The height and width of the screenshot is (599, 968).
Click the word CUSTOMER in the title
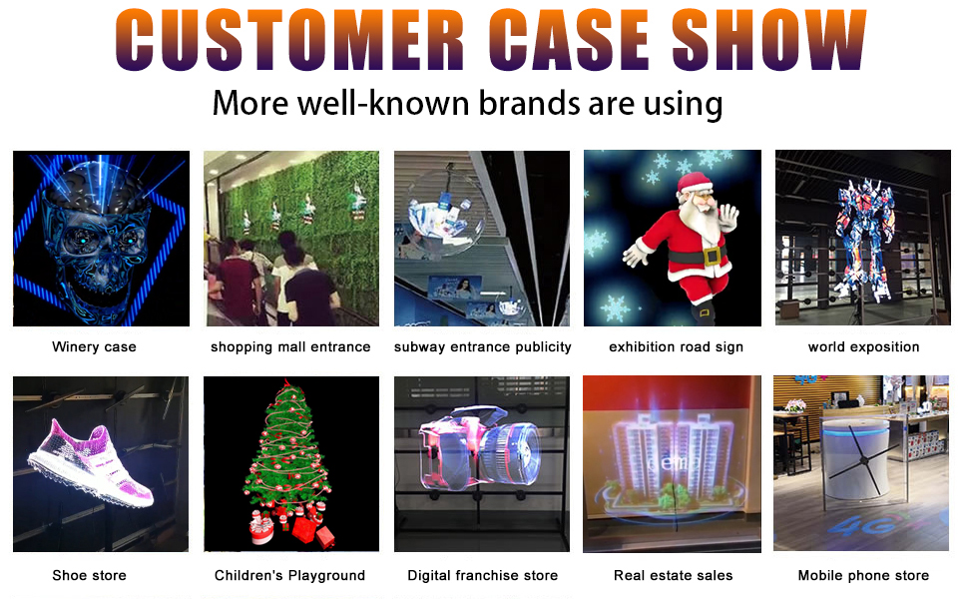tap(289, 40)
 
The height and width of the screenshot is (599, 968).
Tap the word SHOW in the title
tap(768, 40)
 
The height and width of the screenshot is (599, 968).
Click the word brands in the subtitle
tap(529, 103)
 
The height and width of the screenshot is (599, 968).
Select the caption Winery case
tap(94, 347)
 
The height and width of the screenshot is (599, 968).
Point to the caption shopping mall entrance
tap(290, 347)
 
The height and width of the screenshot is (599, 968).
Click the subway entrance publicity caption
tap(482, 347)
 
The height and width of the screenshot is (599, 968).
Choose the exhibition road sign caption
tap(676, 347)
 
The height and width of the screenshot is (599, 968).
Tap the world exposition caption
tap(863, 347)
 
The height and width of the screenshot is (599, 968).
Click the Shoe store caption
tap(89, 575)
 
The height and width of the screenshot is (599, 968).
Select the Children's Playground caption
tap(289, 575)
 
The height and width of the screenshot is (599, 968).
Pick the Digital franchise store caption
tap(482, 575)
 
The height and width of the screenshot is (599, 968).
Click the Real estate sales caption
tap(673, 575)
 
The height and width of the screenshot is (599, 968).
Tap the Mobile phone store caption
tap(863, 575)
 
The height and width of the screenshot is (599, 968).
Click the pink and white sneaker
tap(91, 461)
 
